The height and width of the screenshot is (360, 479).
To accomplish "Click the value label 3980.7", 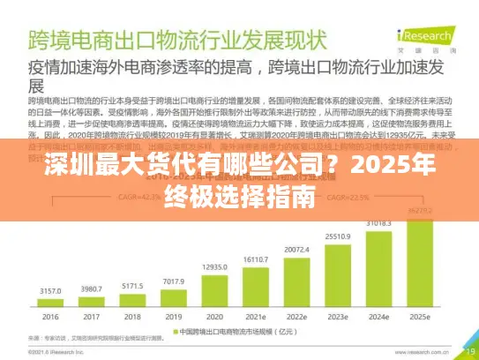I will [91, 289].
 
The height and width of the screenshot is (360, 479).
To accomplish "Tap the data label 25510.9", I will [338, 236].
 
